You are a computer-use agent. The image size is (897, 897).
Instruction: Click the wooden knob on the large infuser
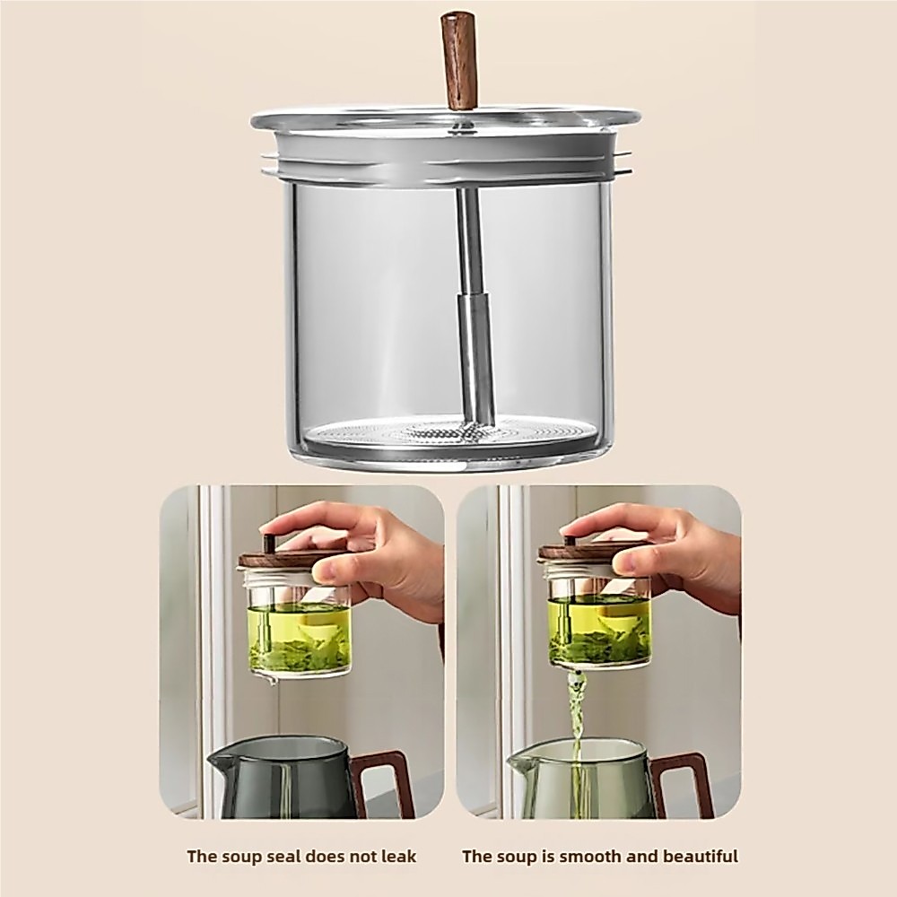(459, 61)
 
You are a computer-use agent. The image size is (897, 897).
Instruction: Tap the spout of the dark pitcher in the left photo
(219, 761)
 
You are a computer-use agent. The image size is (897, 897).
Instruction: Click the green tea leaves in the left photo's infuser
(300, 653)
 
